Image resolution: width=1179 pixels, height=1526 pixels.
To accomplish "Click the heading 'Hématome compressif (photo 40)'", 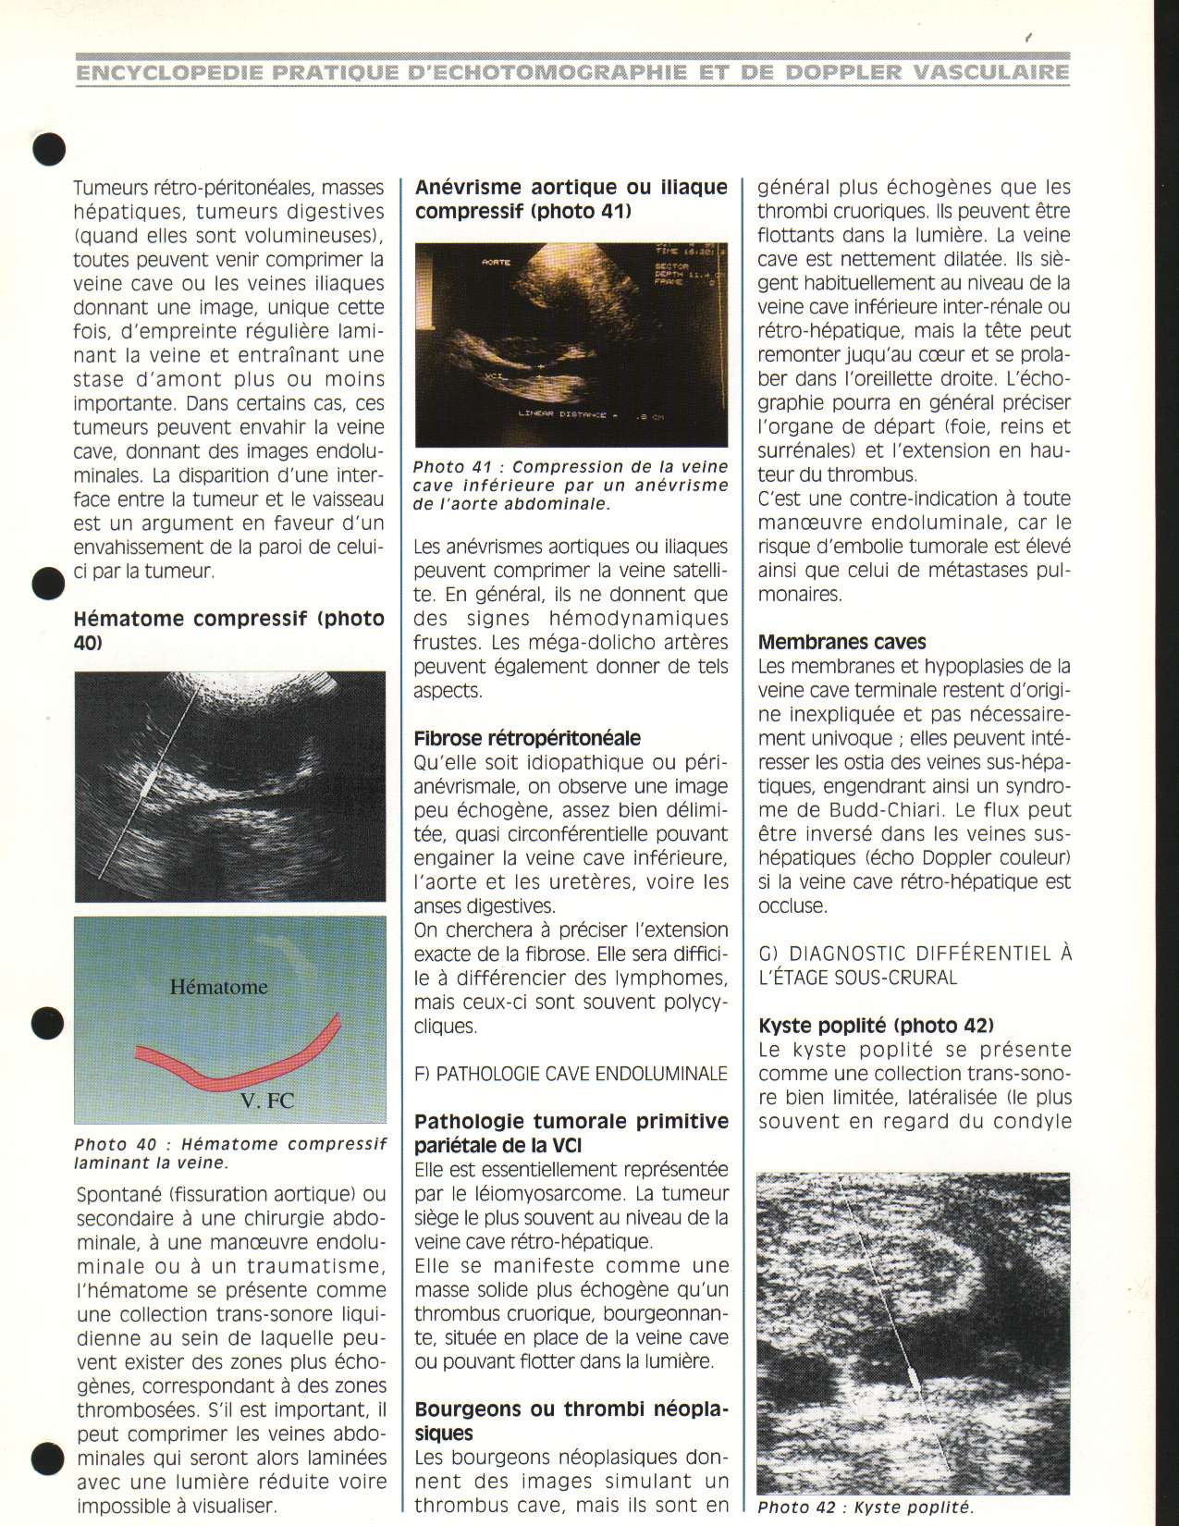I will (228, 629).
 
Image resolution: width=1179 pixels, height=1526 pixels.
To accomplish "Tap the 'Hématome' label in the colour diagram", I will (219, 987).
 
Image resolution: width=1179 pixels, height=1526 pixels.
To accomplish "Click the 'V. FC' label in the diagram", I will (267, 1100).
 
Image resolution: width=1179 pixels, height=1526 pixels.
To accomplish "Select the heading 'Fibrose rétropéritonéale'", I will (527, 738).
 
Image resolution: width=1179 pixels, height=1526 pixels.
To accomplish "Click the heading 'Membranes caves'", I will (841, 642).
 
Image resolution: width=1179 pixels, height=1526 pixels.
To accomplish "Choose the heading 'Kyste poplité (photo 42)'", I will (876, 1026).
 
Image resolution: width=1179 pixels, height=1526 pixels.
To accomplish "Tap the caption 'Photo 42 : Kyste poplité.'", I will (866, 1508).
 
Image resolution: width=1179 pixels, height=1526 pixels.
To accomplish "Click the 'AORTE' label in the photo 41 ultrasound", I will (496, 263).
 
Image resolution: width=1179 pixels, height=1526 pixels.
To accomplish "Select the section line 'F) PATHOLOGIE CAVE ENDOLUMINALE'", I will (571, 1074).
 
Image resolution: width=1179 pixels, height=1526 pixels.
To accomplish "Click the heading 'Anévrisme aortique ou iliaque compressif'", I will (571, 199).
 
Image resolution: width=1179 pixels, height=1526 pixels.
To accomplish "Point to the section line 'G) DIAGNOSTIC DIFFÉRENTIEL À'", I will (914, 954).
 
